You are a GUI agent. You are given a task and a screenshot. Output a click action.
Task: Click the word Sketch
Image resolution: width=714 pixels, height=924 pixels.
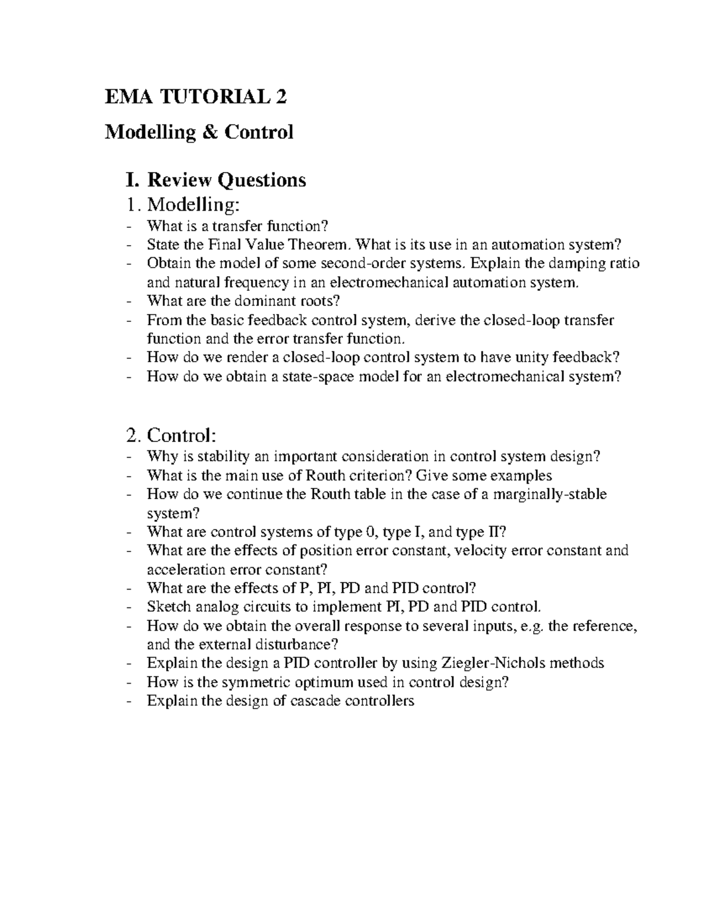point(169,606)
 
